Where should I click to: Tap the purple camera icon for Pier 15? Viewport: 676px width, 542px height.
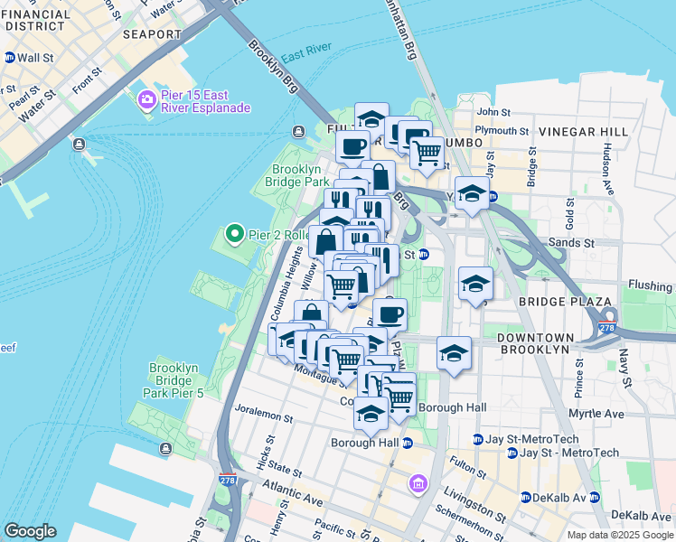146,100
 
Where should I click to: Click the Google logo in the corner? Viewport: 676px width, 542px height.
30,531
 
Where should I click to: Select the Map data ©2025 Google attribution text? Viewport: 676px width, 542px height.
619,535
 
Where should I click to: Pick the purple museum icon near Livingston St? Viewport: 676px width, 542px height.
417,484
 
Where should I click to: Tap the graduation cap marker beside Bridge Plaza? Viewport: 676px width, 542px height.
475,284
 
